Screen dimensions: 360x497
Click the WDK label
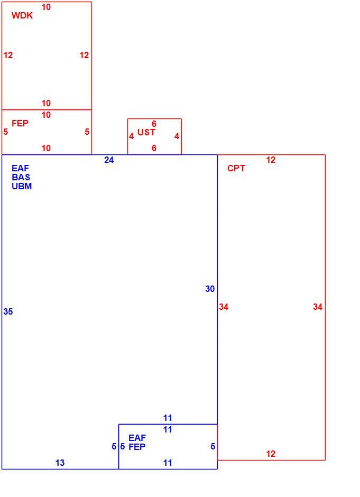coord(22,15)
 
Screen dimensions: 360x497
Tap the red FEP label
coord(20,123)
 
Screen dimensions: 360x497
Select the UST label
coord(146,132)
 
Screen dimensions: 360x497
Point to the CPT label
coord(236,168)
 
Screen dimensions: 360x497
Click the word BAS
coord(21,177)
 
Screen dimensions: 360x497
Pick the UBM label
coord(22,186)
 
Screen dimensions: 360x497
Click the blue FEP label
coord(137,447)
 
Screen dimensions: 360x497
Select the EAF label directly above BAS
coord(20,168)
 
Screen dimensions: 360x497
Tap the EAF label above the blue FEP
coord(137,438)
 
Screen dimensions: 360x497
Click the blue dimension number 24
coord(109,160)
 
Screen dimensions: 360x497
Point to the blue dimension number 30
coord(210,289)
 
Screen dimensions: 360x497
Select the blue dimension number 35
coord(8,312)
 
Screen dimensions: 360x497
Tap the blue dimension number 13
coord(60,463)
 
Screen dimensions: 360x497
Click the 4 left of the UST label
coord(131,136)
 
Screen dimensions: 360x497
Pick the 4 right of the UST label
coord(177,136)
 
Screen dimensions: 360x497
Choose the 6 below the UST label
coord(154,148)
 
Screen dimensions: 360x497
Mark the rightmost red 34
coord(318,307)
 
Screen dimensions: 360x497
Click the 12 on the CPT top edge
coord(271,160)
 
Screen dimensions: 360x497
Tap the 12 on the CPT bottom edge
coord(271,454)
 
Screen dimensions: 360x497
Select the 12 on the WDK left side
coord(8,56)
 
